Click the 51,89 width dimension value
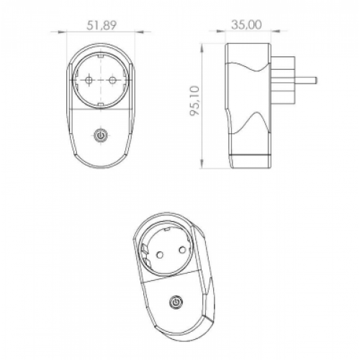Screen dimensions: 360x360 [102, 25]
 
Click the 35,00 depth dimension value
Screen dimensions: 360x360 [246, 25]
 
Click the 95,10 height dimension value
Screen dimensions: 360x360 [194, 101]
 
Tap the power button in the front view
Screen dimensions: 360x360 [101, 135]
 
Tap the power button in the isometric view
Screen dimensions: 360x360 [176, 302]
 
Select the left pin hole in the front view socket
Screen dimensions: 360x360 [89, 80]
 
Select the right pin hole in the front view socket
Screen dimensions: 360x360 [112, 80]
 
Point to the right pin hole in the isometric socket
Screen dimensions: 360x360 [182, 251]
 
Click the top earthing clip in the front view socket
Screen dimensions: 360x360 [100, 56]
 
